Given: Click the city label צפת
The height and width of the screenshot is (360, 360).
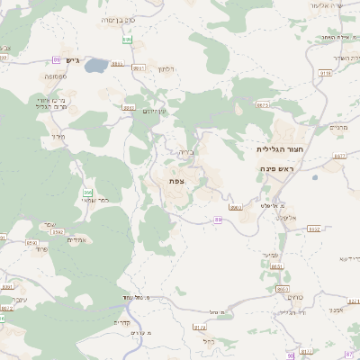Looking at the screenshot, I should click(x=175, y=181).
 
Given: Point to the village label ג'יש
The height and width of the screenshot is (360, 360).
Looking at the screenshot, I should click(x=73, y=61).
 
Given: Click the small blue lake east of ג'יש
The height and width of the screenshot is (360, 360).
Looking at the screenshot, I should click(x=96, y=66).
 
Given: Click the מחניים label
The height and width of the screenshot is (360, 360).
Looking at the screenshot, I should click(x=339, y=128).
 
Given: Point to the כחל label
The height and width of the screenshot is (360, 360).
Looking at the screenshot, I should click(x=208, y=341).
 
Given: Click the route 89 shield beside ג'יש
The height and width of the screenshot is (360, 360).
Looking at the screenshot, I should click(x=58, y=59).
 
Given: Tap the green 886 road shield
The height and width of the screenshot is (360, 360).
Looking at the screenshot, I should click(x=88, y=193).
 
